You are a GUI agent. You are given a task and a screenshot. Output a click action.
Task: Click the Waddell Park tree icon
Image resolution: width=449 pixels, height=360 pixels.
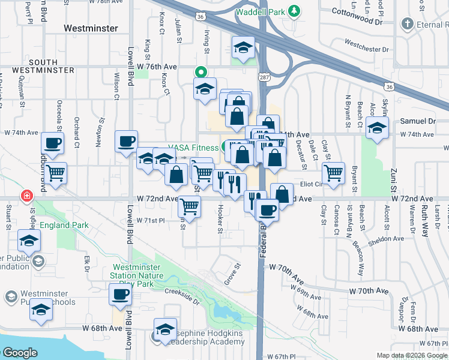[x=294, y=11]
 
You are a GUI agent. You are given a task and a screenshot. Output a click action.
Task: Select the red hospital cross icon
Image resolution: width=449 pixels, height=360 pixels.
[x=26, y=196]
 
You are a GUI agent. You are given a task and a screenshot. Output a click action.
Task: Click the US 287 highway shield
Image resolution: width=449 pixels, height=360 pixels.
[x=264, y=77]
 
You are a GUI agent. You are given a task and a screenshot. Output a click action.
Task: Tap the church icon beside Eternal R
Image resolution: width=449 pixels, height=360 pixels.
[x=408, y=24]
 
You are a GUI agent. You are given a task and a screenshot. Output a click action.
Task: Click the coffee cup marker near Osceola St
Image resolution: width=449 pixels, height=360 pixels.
[x=52, y=143]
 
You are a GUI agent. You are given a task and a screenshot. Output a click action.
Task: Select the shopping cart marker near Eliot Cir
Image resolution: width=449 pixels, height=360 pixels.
[x=333, y=173]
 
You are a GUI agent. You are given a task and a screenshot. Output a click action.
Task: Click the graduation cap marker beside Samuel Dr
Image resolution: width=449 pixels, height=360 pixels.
[x=378, y=128]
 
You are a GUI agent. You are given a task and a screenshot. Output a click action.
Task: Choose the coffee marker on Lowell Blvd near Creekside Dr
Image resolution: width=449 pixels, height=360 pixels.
[x=120, y=295]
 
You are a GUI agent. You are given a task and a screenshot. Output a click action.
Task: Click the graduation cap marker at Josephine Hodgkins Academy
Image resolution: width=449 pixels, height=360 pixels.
[x=165, y=329]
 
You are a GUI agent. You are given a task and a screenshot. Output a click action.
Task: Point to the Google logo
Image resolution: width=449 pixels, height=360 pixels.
[x=20, y=352]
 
